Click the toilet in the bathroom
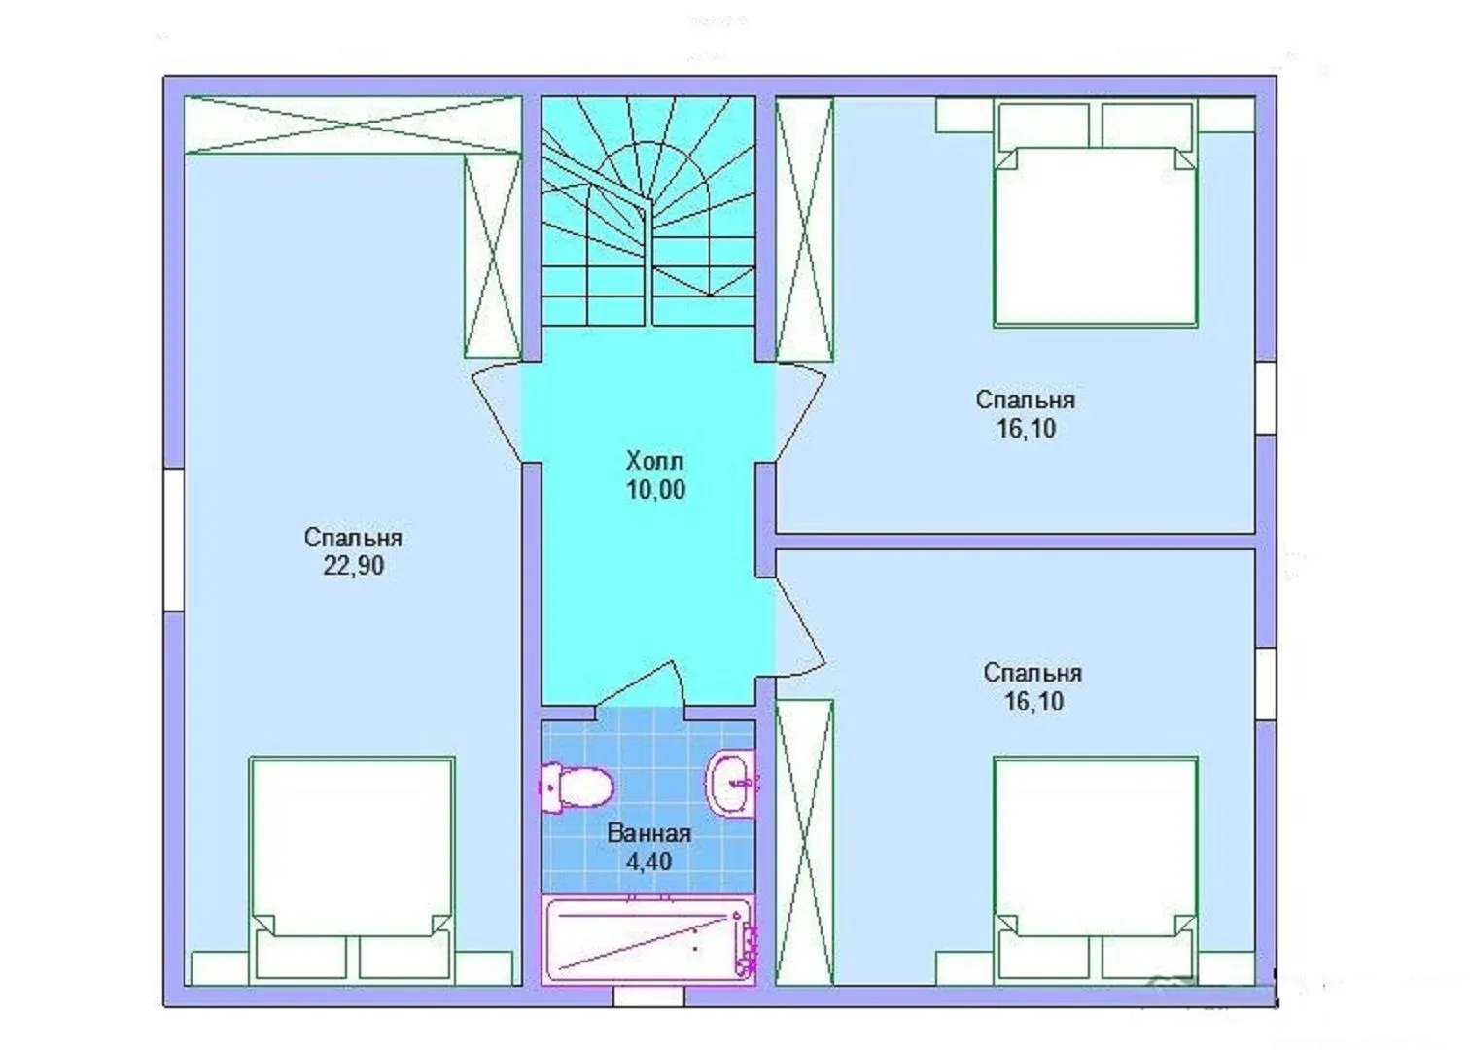tap(576, 787)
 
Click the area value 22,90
tap(353, 565)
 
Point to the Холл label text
tap(654, 461)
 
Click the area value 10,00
tap(655, 490)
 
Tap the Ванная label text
tap(649, 834)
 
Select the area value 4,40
tap(648, 861)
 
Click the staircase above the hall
tap(648, 211)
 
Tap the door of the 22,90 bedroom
tap(498, 412)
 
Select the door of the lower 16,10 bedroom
tap(799, 627)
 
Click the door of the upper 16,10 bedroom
tap(800, 412)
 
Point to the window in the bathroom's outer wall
tap(648, 997)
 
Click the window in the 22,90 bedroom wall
tap(174, 540)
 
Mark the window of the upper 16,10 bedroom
tap(1266, 398)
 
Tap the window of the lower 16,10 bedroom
tap(1266, 684)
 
